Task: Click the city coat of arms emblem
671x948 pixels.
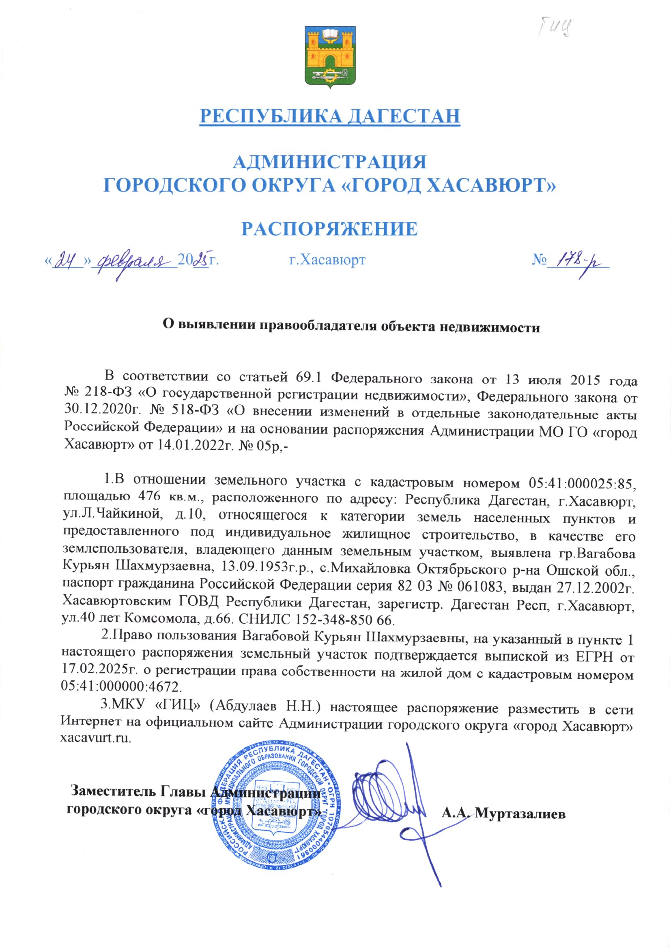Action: (330, 57)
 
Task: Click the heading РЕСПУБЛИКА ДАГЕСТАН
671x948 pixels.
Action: (330, 116)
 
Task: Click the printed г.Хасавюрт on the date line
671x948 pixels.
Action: (327, 260)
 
